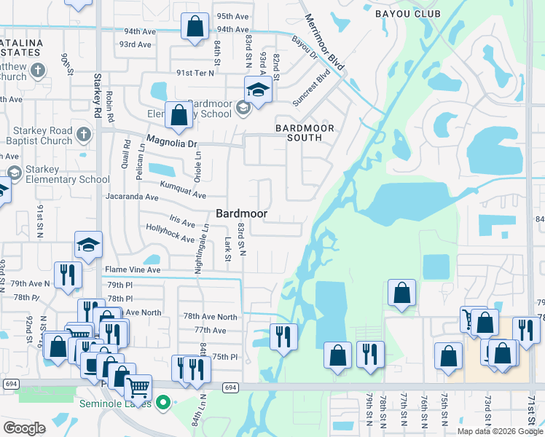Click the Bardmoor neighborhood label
[x=241, y=213]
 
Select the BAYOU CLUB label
[x=408, y=14]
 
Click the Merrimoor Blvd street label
[x=324, y=42]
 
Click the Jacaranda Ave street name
[x=131, y=197]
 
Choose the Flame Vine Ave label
[x=132, y=269]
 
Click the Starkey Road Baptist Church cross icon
[x=84, y=135]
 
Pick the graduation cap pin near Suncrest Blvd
[x=256, y=89]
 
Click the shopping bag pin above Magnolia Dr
[x=179, y=114]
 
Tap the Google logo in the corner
[x=24, y=428]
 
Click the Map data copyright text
[x=499, y=431]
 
